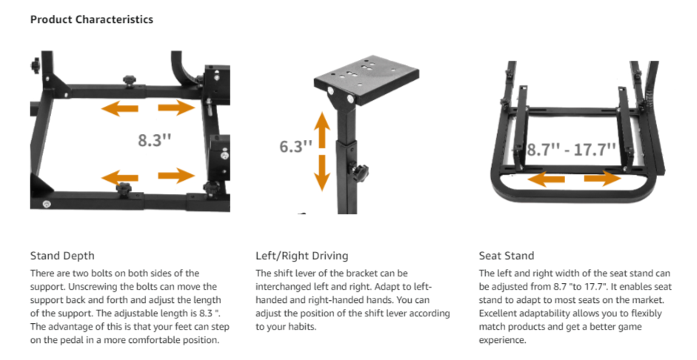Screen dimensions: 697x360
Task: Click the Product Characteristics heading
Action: point(92,19)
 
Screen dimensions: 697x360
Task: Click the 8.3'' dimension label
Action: point(154,140)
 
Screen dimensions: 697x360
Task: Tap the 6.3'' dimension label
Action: point(296,146)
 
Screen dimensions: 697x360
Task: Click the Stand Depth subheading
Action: point(62,256)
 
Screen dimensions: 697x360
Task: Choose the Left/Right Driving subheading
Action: point(301,256)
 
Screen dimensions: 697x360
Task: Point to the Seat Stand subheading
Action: point(507,256)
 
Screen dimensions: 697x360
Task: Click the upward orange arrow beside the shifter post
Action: point(322,130)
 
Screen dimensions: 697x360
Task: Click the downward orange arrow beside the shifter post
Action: point(322,173)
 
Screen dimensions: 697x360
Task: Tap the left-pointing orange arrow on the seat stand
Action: point(546,179)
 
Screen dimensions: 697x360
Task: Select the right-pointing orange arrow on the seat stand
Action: point(603,179)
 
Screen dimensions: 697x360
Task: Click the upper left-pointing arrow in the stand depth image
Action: point(119,108)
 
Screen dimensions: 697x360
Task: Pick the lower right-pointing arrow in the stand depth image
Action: point(176,176)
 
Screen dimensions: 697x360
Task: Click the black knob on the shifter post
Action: point(358,170)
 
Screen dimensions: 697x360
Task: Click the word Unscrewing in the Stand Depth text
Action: point(91,287)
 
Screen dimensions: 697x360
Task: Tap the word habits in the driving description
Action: point(303,327)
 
